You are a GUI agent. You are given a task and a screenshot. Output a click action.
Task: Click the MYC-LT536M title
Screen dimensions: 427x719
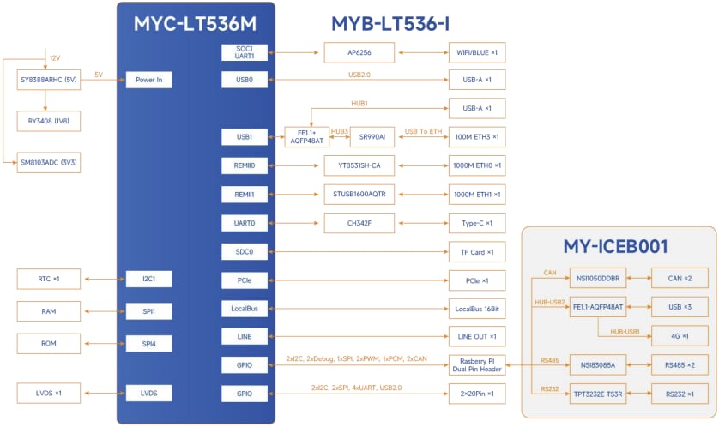195,23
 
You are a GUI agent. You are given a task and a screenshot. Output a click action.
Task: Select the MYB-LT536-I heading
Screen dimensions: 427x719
390,23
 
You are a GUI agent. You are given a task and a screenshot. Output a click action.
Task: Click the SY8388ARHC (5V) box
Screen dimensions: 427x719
49,80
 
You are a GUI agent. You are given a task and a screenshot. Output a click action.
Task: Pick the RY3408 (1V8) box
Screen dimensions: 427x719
49,121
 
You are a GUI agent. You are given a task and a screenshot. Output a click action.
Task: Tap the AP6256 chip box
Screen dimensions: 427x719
359,52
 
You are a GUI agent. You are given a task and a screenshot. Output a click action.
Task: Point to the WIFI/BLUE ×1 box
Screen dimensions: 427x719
476,52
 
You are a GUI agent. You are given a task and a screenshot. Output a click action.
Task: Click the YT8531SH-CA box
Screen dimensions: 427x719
359,165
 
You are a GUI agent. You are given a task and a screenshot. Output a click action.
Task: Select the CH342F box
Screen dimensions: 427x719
359,223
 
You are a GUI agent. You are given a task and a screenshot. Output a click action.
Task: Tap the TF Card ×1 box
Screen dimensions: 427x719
476,252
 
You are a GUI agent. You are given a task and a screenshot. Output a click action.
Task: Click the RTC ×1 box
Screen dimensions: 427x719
49,279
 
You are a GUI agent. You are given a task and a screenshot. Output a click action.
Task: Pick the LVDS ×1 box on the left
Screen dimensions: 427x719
49,393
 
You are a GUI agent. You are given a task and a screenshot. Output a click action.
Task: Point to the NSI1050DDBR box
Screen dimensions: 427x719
598,278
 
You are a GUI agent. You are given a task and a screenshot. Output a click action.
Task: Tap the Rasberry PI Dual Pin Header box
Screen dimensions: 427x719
476,364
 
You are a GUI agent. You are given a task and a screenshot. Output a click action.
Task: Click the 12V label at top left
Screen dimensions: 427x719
55,57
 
